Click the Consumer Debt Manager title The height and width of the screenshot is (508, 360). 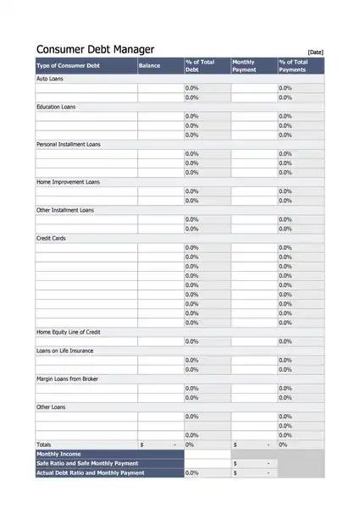[x=95, y=50]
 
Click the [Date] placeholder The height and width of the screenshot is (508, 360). [x=315, y=52]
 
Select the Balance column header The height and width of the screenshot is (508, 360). [x=149, y=65]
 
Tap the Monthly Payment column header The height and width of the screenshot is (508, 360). [x=244, y=66]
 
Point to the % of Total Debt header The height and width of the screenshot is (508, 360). [x=200, y=66]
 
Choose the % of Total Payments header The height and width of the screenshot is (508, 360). [x=293, y=66]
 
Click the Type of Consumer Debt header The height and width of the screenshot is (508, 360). [x=68, y=65]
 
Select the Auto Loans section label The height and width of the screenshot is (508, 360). [x=50, y=79]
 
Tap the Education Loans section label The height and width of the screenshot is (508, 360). [x=56, y=107]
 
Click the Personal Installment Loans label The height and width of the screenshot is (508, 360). [x=69, y=145]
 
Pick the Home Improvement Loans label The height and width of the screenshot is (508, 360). [x=68, y=182]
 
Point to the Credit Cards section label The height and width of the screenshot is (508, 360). [x=51, y=239]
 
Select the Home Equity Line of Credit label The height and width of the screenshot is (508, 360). [x=69, y=332]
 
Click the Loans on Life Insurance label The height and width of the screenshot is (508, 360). [x=65, y=351]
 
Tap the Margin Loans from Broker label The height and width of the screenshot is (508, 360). [x=67, y=379]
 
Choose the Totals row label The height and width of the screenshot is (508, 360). [x=43, y=444]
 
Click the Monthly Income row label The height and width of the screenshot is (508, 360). [x=58, y=454]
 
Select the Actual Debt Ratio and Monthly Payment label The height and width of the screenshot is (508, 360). [x=91, y=473]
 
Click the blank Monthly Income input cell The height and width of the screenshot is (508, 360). [x=208, y=454]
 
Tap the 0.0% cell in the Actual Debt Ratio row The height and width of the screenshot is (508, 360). [x=191, y=473]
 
